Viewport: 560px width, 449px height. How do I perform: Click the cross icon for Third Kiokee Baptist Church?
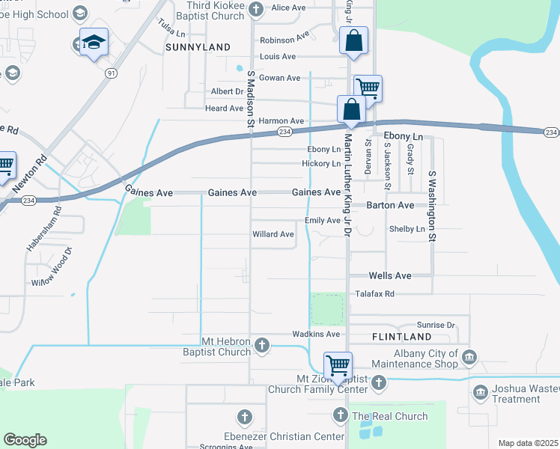(x=256, y=9)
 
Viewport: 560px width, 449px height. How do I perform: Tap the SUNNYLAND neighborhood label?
(x=198, y=47)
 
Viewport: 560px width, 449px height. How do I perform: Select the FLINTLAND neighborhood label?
(x=401, y=337)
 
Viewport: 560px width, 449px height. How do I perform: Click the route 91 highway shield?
(x=111, y=73)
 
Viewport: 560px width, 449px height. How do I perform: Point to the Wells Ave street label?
(x=390, y=276)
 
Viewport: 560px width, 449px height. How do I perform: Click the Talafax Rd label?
(x=374, y=294)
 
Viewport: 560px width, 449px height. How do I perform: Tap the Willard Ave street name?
(x=273, y=234)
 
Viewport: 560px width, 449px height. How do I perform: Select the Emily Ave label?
(x=322, y=221)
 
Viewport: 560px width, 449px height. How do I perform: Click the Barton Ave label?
(x=390, y=205)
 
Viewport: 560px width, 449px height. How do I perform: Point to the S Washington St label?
(x=432, y=206)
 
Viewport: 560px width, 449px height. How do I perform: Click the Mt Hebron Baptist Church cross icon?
(x=261, y=345)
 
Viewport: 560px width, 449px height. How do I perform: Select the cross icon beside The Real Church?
(x=340, y=415)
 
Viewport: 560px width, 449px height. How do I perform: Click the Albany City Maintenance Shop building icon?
(x=469, y=357)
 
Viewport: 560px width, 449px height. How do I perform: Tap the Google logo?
(x=25, y=440)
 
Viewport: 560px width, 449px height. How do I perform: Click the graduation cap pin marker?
(x=94, y=43)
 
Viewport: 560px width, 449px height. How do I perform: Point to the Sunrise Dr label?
(x=436, y=326)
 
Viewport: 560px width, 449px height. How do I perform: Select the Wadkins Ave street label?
(x=316, y=334)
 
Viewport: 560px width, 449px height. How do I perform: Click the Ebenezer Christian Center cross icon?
(x=243, y=417)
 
